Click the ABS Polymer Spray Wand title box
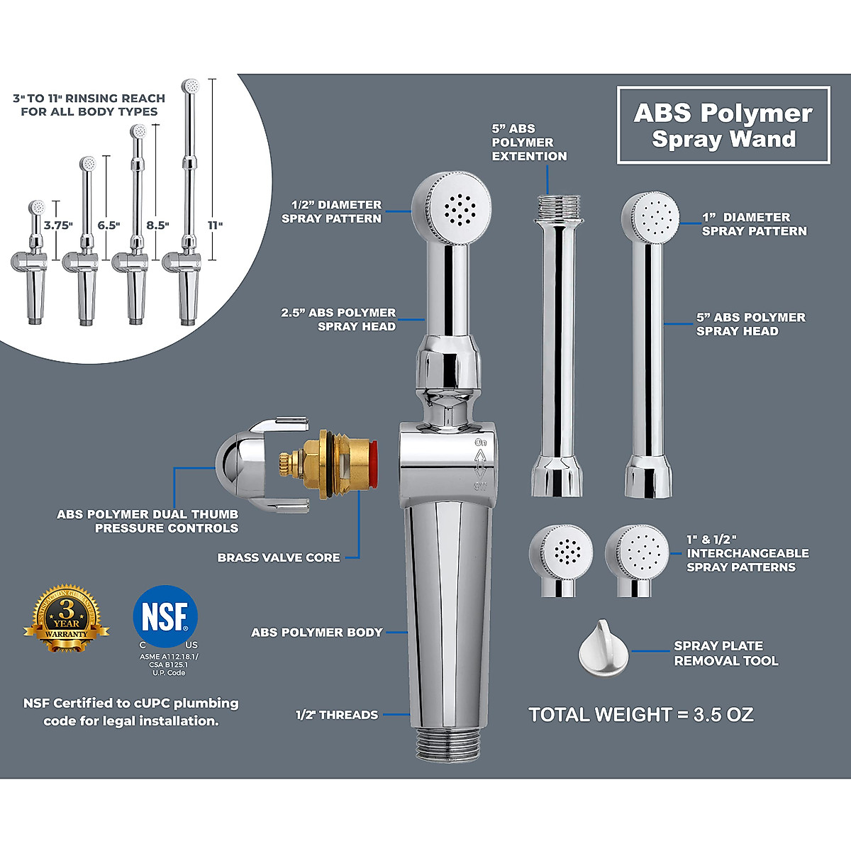coord(723,126)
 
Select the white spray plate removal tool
coord(602,648)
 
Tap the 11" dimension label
coord(215,225)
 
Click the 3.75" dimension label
coord(58,225)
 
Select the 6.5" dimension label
coord(109,225)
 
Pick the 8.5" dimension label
coord(157,225)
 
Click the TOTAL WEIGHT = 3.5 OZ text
coord(641,714)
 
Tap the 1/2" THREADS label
coord(337,715)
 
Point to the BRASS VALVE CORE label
coord(279,557)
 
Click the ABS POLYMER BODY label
coord(317,632)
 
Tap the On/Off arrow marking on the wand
coord(480,465)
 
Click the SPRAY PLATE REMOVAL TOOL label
coord(725,653)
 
